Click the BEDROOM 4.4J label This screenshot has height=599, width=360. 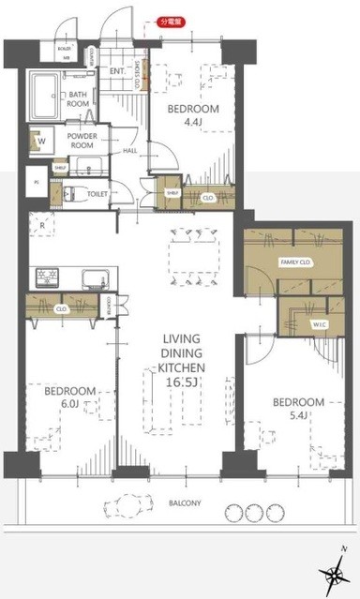click(x=193, y=115)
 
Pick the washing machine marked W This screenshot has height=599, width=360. click(x=41, y=141)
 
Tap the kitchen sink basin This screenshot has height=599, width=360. click(x=94, y=277)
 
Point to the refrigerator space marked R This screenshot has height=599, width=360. click(x=42, y=226)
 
